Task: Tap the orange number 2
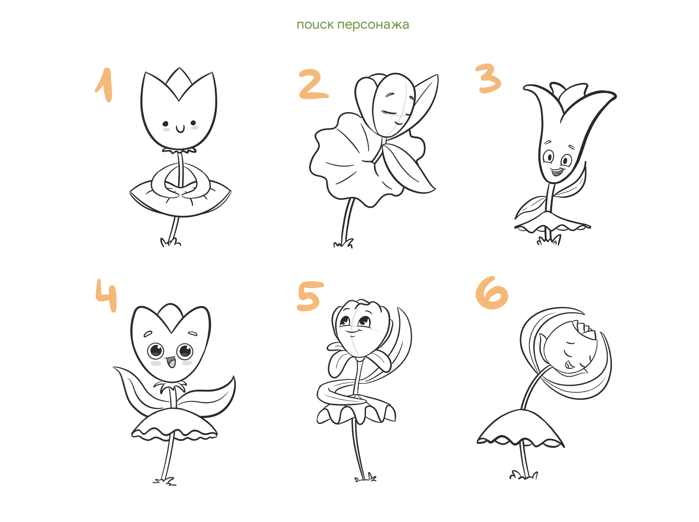pos(313,84)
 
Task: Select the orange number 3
pos(488,79)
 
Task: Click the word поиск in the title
pos(315,25)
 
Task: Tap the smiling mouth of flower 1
pos(180,130)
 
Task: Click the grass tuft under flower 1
pos(171,242)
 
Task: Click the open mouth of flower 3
pos(556,172)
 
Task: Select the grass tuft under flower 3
pos(549,240)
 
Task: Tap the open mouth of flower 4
pos(171,362)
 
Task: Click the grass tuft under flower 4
pos(165,481)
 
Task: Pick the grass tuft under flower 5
pos(366,478)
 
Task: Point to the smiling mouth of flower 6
pos(568,365)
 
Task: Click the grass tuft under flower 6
pos(524,475)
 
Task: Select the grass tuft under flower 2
pos(343,243)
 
